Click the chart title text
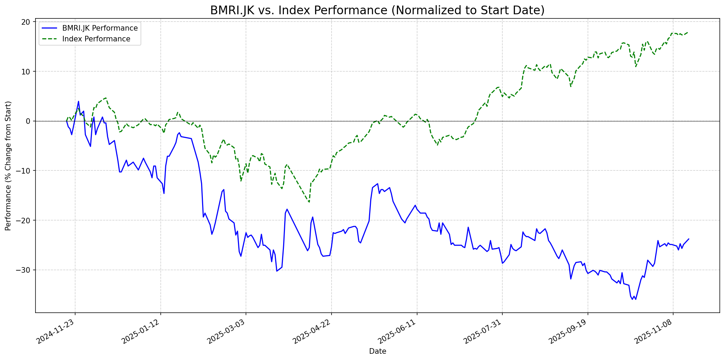pyautogui.click(x=377, y=10)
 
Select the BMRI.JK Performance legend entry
pyautogui.click(x=100, y=28)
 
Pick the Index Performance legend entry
pyautogui.click(x=96, y=39)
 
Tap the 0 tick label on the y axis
pyautogui.click(x=28, y=121)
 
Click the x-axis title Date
pyautogui.click(x=377, y=352)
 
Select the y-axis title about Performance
pyautogui.click(x=8, y=166)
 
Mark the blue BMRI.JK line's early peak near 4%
pyautogui.click(x=78, y=102)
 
